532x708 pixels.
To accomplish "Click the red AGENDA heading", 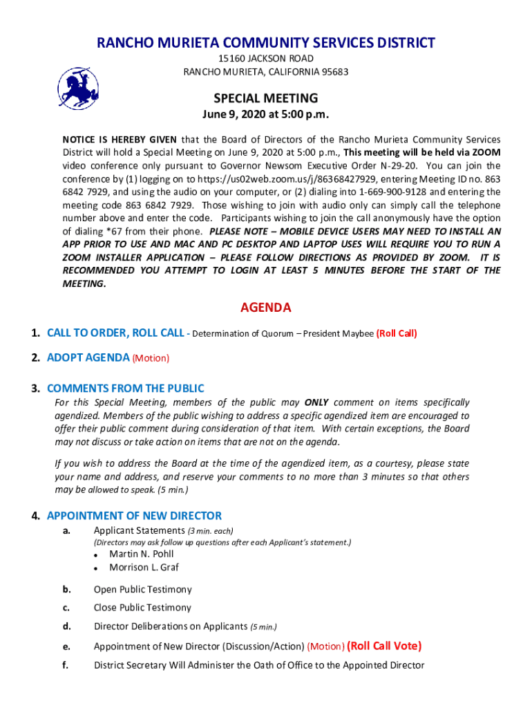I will tap(265, 308).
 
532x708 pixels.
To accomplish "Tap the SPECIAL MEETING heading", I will tap(265, 98).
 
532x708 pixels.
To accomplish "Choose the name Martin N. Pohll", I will tap(141, 554).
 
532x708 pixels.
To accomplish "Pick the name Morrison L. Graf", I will tap(144, 568).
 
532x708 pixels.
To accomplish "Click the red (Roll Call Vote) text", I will tap(384, 646).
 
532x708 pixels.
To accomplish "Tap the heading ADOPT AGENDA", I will tap(88, 357).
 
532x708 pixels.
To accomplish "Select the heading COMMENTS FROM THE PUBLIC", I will tap(125, 389).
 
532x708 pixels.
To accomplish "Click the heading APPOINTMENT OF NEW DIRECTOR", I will tap(134, 516).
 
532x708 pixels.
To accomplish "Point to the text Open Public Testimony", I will tap(142, 590).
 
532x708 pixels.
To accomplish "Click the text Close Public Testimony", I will tap(142, 608).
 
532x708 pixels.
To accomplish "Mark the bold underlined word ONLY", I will tap(316, 402).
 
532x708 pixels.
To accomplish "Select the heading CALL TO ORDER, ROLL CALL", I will tap(115, 333).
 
